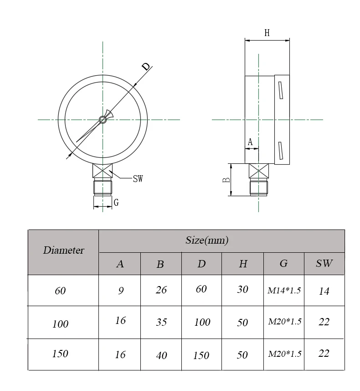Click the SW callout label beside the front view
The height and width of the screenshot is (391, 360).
tap(138, 178)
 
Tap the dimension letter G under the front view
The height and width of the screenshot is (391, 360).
tap(116, 203)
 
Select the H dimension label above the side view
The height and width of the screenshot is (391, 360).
tap(267, 33)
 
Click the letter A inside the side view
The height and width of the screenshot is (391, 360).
tap(250, 142)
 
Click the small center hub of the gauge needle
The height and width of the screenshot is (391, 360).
tap(103, 120)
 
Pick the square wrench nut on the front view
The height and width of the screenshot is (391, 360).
tap(103, 172)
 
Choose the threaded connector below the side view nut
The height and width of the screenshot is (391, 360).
tap(258, 188)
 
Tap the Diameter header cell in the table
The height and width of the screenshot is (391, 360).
tap(63, 250)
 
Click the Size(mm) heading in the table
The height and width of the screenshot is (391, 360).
tap(207, 240)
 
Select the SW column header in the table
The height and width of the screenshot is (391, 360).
tap(324, 263)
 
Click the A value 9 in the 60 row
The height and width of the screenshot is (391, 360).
tap(121, 291)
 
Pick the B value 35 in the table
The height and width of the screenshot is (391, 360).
tap(161, 322)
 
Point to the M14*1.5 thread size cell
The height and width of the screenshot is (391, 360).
tap(284, 290)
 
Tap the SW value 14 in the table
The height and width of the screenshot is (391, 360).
tap(324, 291)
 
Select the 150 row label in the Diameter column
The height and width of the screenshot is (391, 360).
tap(60, 354)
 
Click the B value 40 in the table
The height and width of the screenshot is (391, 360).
tap(161, 355)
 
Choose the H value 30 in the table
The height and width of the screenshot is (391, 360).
tap(242, 290)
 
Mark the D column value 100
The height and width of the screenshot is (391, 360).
tap(202, 322)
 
